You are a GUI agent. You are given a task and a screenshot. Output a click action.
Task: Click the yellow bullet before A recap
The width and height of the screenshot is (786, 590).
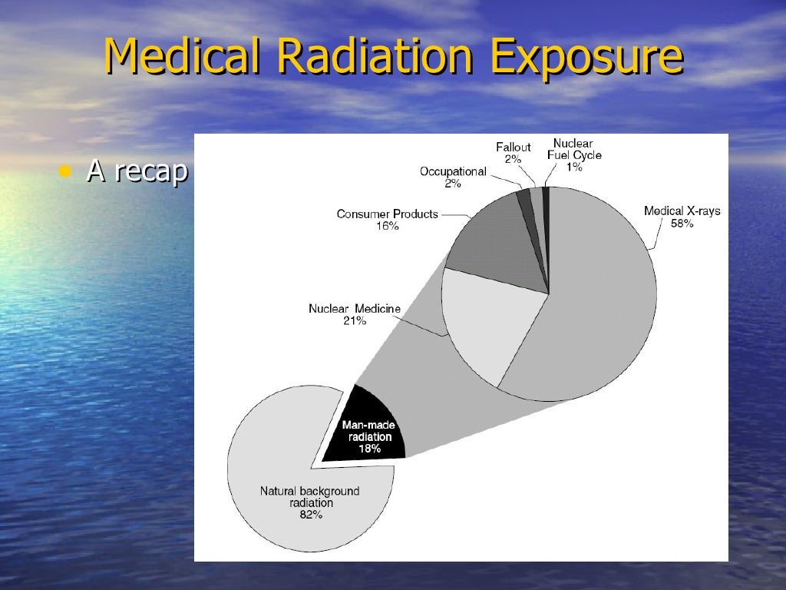point(66,171)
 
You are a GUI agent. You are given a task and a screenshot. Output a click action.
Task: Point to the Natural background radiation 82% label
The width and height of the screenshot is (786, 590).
point(310,503)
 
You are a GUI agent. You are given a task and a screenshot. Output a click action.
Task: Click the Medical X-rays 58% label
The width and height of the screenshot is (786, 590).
point(682,217)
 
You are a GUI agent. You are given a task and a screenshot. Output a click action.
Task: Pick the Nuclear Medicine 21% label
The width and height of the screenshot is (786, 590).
point(354,314)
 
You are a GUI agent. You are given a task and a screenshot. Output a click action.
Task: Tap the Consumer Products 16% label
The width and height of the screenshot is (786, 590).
point(387,220)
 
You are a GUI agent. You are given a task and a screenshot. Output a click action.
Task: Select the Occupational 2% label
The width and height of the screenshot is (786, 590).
point(453,177)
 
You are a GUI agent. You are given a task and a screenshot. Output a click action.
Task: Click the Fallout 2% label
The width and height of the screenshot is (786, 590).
point(513,152)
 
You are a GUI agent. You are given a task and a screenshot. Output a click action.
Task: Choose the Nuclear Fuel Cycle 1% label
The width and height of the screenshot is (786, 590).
point(573,154)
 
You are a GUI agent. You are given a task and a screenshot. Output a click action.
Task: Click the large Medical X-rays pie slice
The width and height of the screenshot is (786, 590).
point(591,307)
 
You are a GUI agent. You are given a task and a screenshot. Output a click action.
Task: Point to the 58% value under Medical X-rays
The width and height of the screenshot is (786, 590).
point(682,224)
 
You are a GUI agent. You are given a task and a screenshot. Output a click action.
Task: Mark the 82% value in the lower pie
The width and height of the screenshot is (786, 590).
point(310,515)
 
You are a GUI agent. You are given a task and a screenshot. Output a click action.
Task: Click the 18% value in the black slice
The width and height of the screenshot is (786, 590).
point(369,449)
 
